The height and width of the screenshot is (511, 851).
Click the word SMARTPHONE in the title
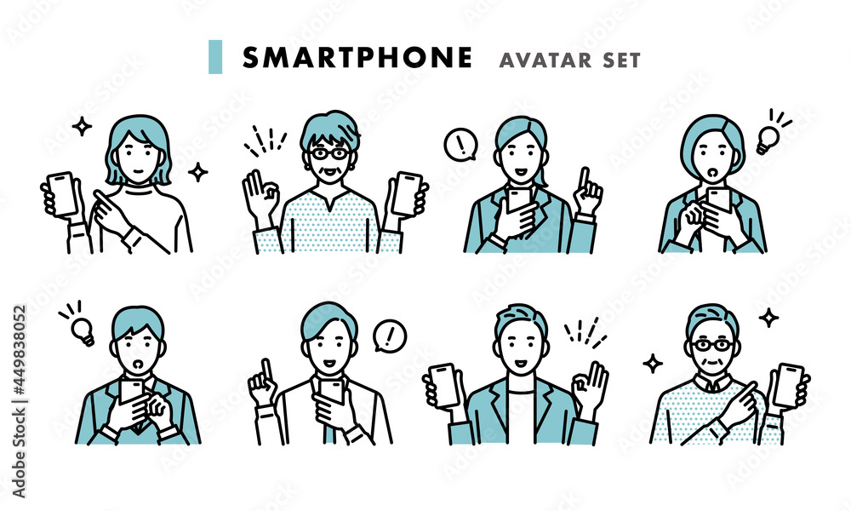[357, 58]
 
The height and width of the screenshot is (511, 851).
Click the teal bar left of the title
[215, 56]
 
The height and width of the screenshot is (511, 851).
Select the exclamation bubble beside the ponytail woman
[460, 145]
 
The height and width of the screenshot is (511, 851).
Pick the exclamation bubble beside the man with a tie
[390, 336]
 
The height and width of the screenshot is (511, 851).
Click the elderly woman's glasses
[330, 153]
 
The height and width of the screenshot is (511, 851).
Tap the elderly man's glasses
[712, 345]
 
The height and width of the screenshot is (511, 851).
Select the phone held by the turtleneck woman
[61, 193]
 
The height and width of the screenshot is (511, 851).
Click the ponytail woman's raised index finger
[584, 179]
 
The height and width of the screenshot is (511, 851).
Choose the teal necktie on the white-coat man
[328, 427]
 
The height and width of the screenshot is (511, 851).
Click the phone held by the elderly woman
[407, 194]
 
